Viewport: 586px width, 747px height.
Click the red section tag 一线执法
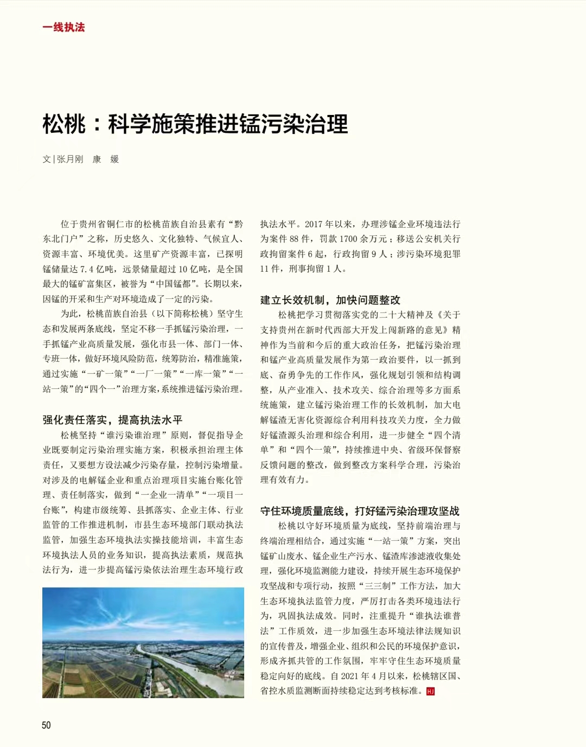(63, 27)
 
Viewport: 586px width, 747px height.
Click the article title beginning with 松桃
(195, 124)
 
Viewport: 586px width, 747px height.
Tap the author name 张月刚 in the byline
(70, 159)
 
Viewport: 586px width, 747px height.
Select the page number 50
(46, 725)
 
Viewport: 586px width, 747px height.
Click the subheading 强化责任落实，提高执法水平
(112, 419)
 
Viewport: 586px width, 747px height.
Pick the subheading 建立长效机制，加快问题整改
(330, 300)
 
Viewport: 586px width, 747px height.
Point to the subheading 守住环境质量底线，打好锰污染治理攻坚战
(360, 510)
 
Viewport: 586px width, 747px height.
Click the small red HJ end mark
(430, 691)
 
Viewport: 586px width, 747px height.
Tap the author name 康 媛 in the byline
(105, 159)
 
